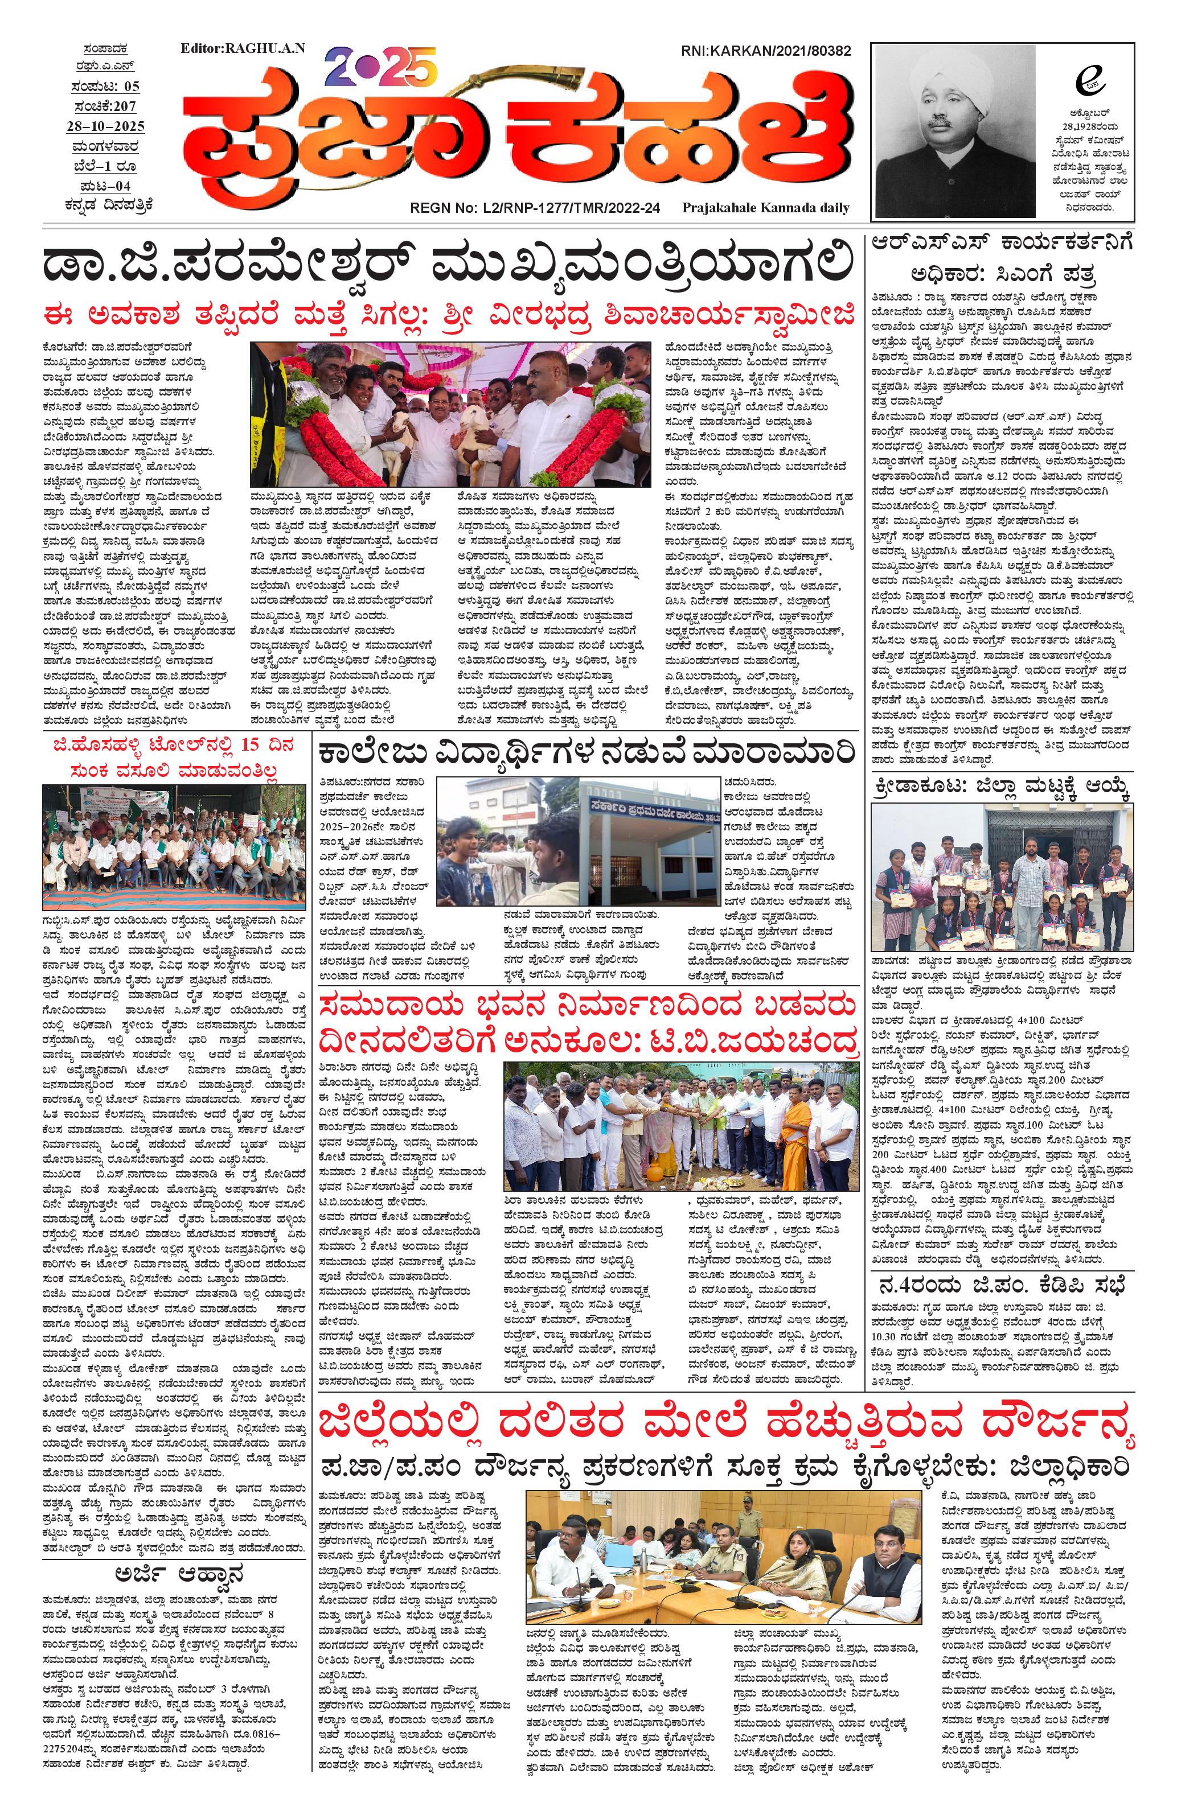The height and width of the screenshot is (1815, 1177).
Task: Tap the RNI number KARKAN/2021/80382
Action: (765, 51)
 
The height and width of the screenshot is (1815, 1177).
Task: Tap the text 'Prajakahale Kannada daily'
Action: (766, 207)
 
